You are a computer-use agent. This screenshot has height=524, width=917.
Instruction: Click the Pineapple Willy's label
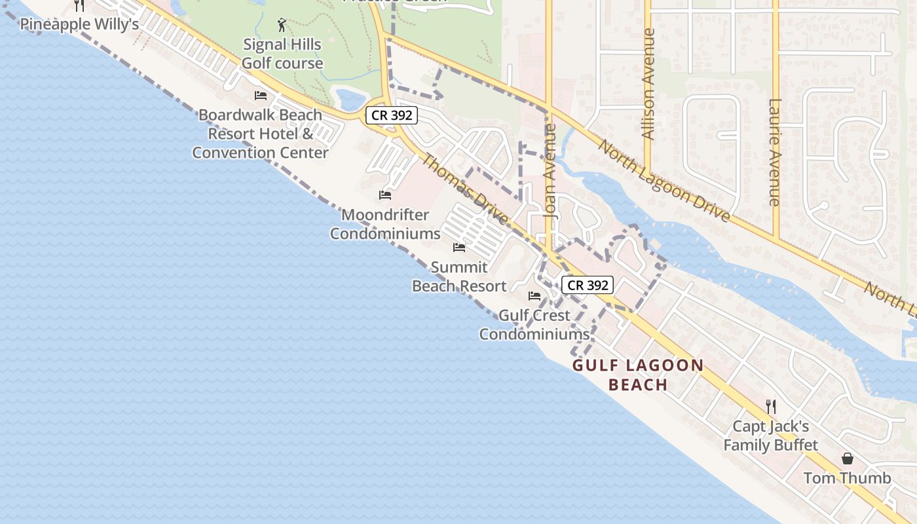point(79,24)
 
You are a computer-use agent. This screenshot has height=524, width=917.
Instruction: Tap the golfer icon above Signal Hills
point(282,26)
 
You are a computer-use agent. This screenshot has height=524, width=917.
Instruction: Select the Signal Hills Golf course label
point(282,54)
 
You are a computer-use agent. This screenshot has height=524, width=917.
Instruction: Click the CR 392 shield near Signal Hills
point(392,115)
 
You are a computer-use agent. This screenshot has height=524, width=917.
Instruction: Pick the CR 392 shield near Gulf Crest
point(588,285)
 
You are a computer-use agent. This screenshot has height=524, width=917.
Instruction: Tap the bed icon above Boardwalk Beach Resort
point(261,96)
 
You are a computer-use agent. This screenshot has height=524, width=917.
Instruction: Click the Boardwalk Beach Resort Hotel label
point(261,134)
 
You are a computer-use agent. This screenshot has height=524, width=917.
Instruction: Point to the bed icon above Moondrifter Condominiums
point(385,195)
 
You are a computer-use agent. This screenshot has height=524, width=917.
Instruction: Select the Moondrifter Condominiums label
point(385,224)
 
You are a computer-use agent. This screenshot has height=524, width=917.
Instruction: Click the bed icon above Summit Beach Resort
point(459,248)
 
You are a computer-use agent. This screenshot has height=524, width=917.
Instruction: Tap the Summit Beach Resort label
point(459,276)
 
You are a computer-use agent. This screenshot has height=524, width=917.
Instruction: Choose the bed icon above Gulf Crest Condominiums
point(534,296)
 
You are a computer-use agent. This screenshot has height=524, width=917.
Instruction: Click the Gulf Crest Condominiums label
point(534,324)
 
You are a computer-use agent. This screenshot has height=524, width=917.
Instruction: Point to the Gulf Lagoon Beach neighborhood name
point(638,375)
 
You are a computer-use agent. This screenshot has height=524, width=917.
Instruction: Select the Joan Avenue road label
point(550,170)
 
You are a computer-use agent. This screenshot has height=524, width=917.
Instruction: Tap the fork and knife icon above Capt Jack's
point(771,407)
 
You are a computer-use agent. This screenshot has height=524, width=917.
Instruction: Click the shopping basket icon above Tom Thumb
point(848,458)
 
